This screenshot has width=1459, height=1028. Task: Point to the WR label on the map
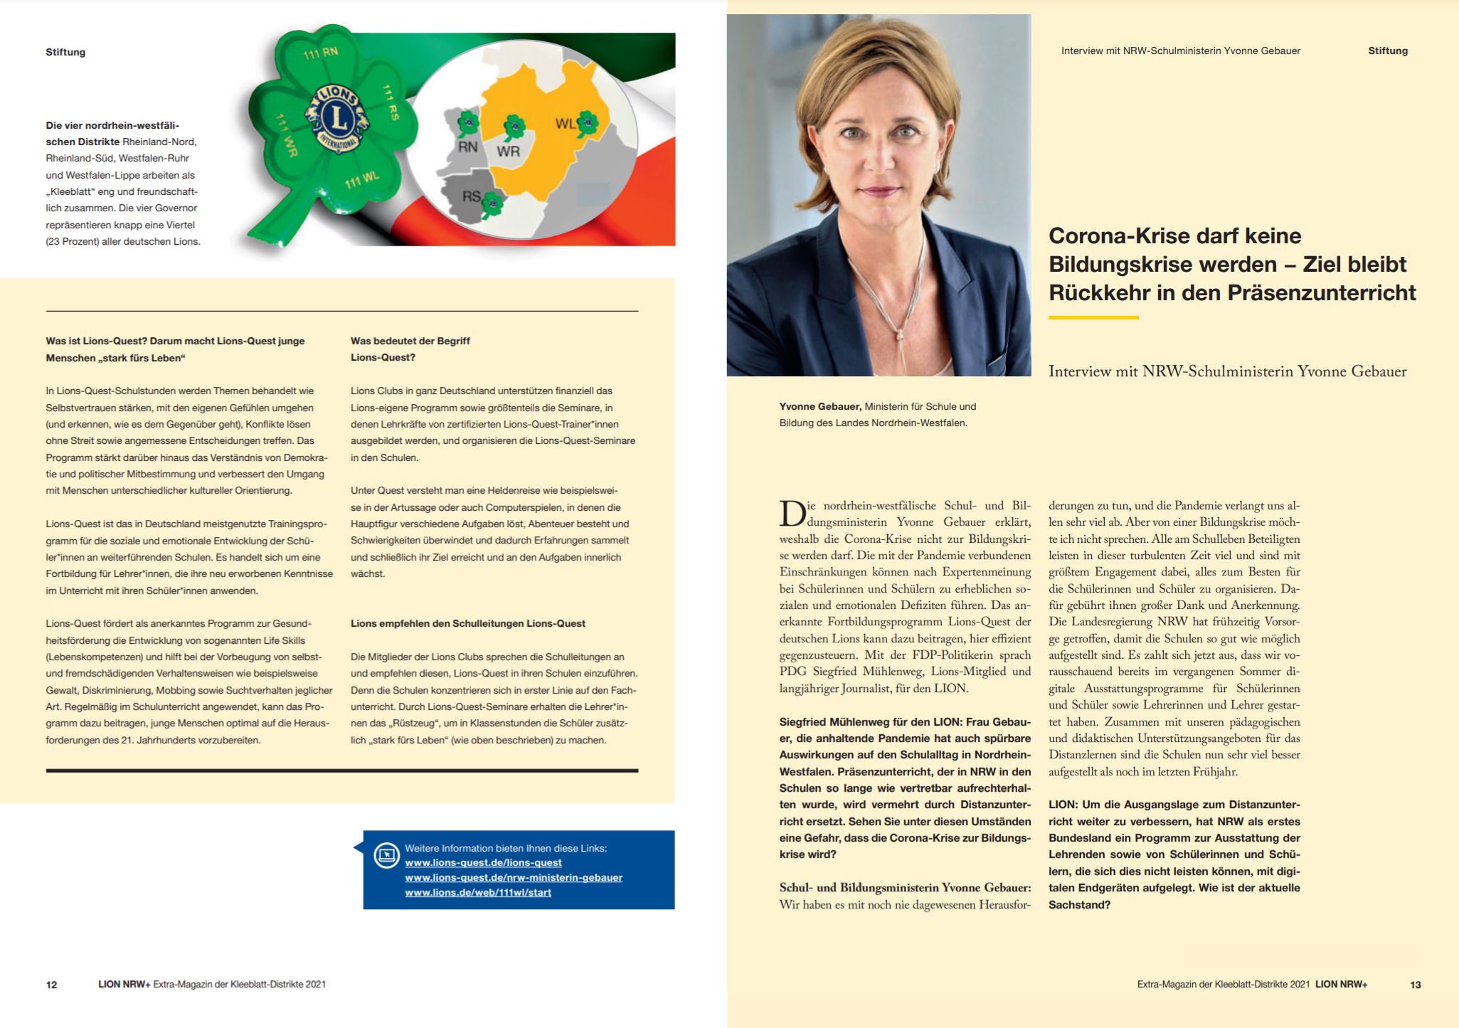[x=508, y=151]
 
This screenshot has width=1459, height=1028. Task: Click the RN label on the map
[x=467, y=147]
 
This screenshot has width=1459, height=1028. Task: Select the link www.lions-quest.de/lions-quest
[x=483, y=863]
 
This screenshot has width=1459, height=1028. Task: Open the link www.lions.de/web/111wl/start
[x=478, y=893]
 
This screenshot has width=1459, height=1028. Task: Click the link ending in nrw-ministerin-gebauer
[x=514, y=878]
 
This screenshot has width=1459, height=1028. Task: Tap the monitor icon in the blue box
[x=387, y=854]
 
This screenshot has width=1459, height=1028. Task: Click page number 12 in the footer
[x=51, y=985]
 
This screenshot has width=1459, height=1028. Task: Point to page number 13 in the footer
[x=1415, y=985]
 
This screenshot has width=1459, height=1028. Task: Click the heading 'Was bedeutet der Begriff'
[x=410, y=341]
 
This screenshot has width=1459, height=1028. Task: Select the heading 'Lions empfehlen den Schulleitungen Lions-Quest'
[x=467, y=624]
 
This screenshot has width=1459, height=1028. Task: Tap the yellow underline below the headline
[x=1093, y=317]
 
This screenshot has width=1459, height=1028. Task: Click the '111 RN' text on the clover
[x=321, y=53]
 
